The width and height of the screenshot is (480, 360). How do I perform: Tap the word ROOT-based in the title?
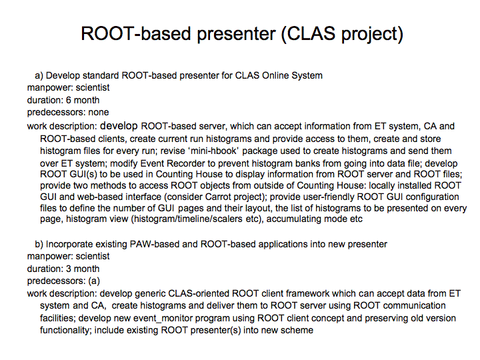coord(136,33)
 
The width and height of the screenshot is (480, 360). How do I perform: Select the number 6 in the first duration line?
coord(69,100)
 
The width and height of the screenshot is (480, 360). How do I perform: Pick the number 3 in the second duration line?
coord(69,269)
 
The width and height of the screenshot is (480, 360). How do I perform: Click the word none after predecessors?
coord(99,113)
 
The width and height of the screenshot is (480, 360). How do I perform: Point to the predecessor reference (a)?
coord(94,281)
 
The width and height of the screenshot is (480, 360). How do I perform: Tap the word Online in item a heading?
coord(275,75)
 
